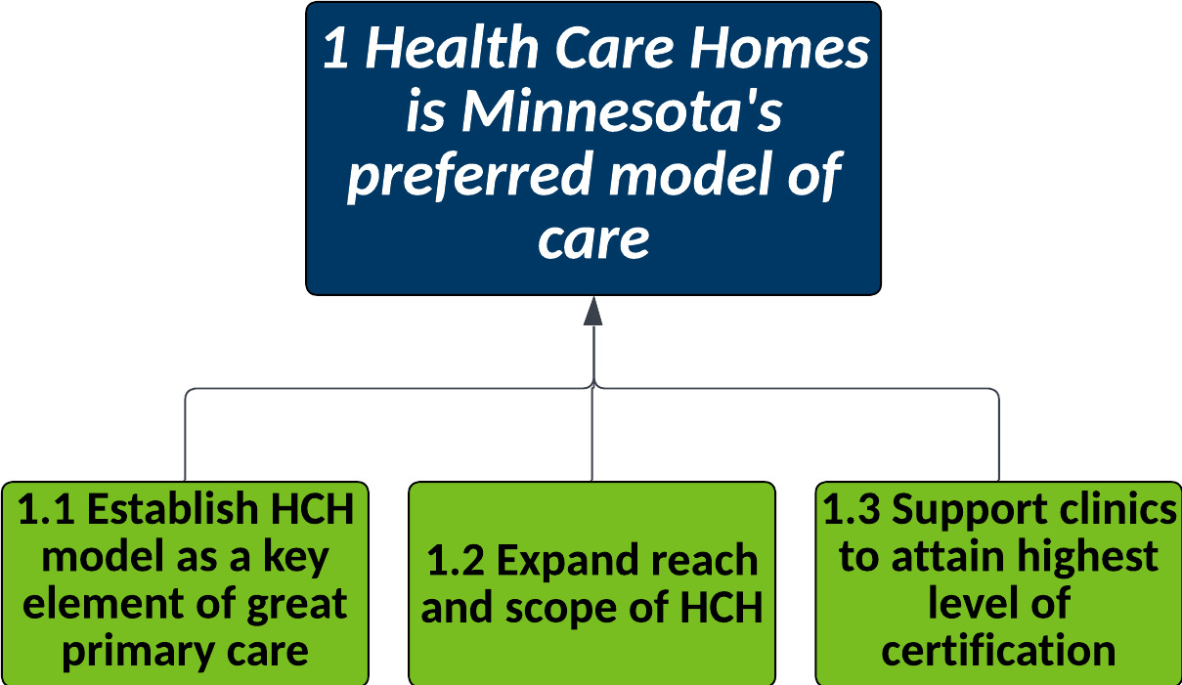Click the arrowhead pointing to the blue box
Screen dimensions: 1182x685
(593, 311)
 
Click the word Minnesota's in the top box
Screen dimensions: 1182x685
(622, 111)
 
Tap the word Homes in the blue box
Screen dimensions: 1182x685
(780, 48)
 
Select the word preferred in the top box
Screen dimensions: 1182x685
(470, 176)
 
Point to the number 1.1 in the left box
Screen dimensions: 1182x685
(46, 509)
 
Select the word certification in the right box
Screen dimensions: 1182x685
(998, 652)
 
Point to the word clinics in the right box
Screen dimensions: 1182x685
(1117, 509)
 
